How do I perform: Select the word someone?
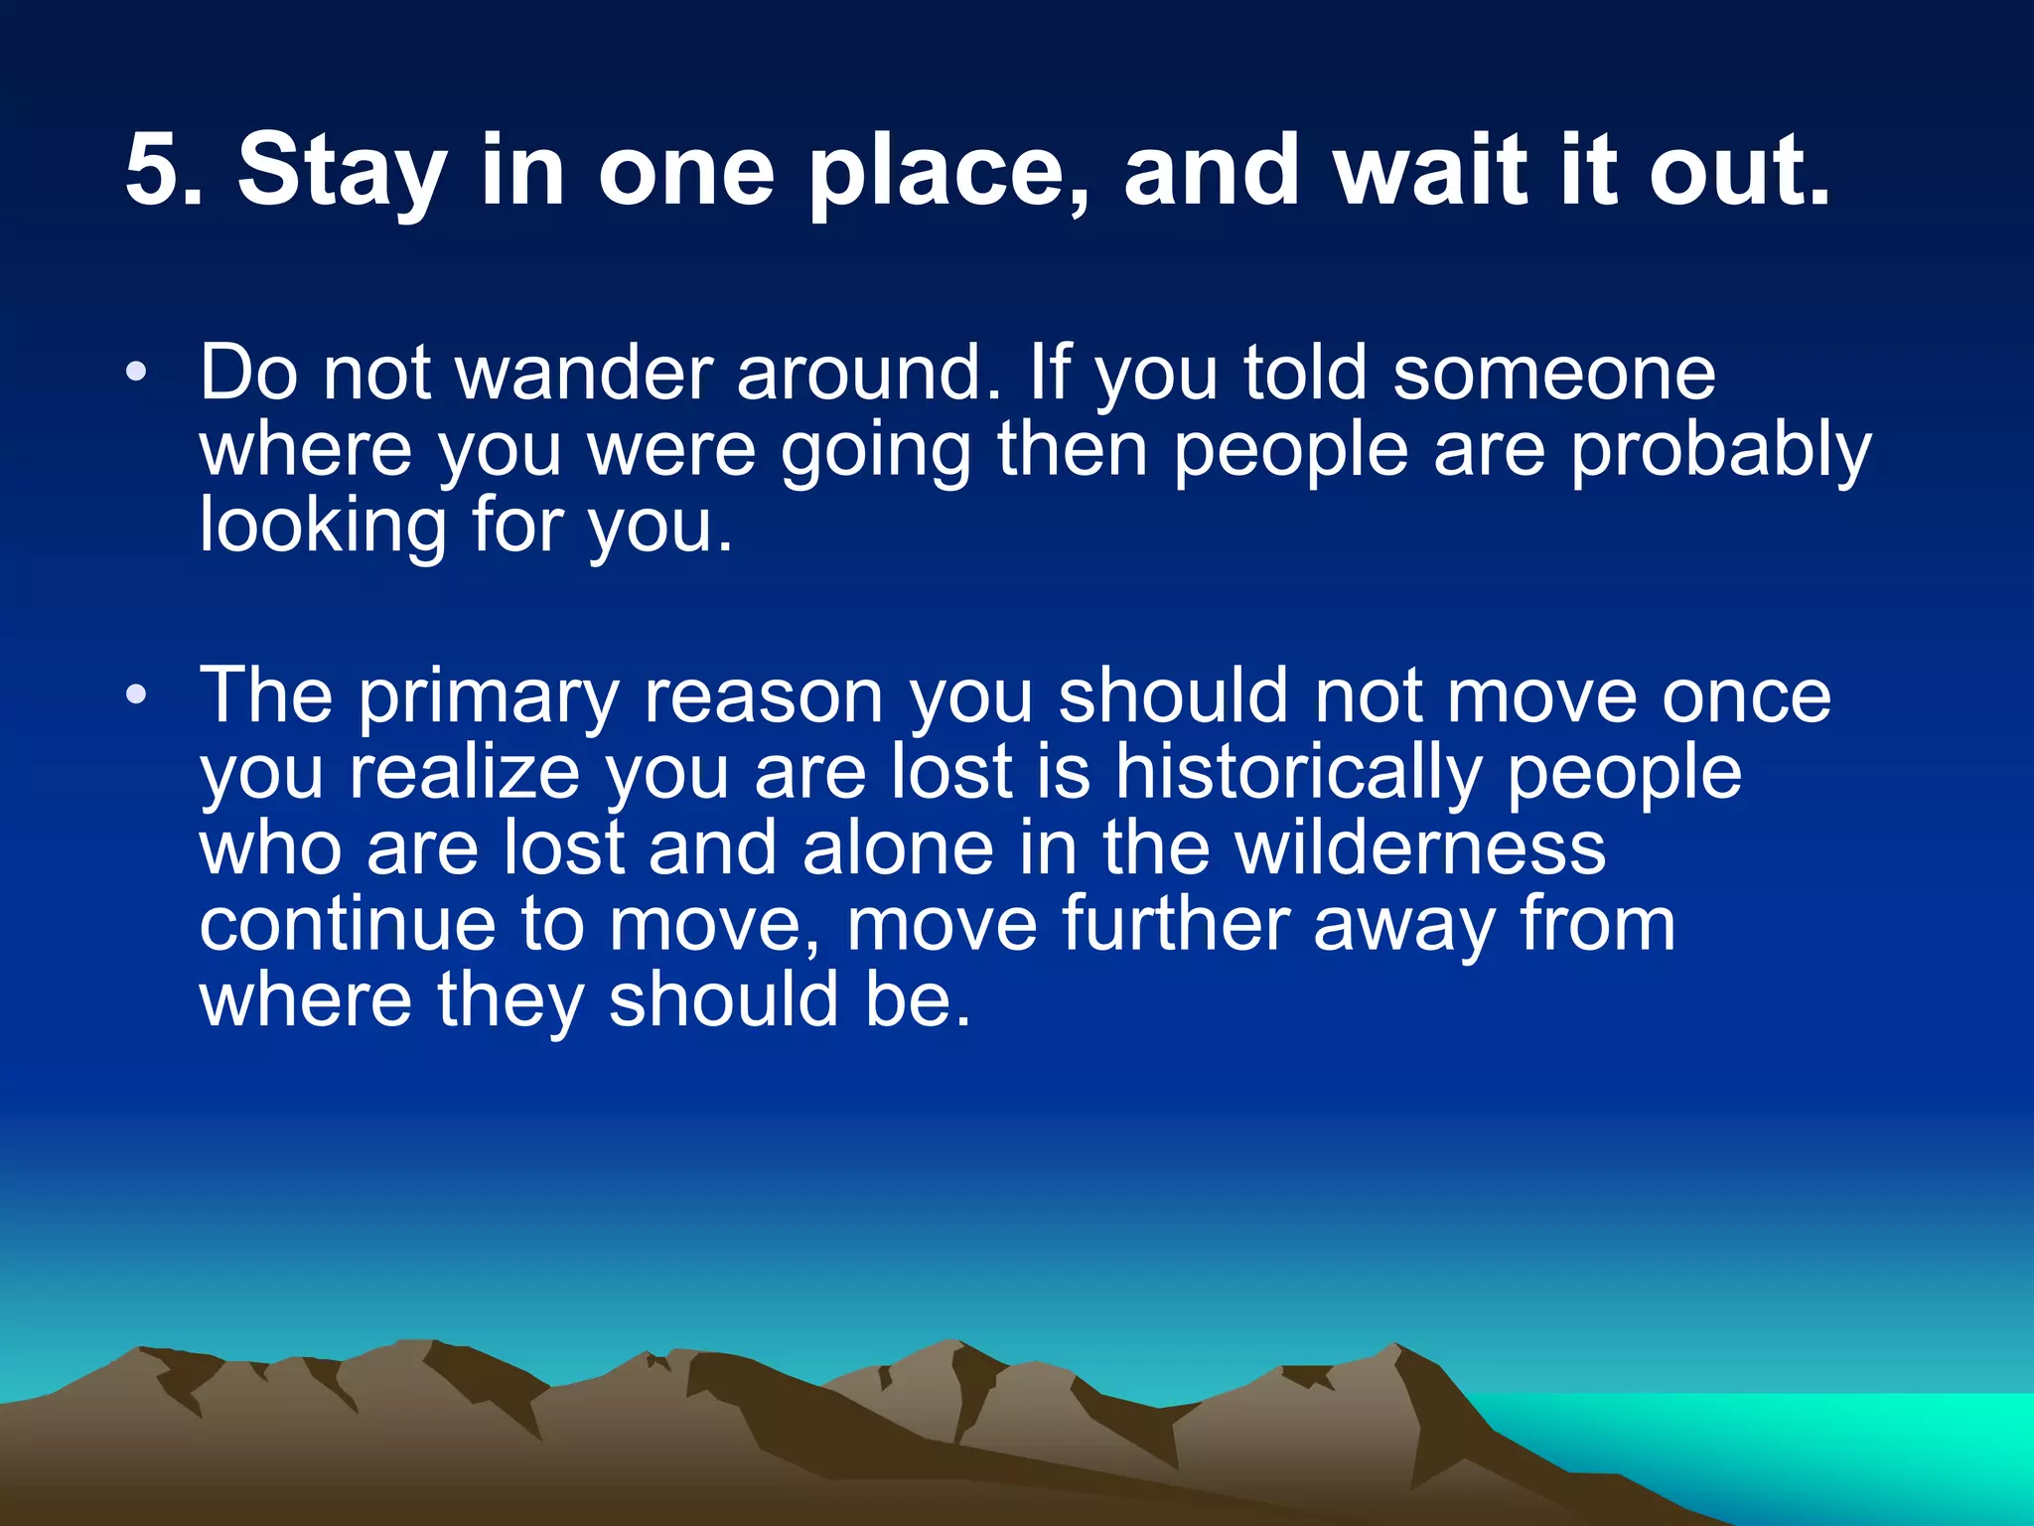[1553, 374]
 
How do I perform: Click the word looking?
[323, 527]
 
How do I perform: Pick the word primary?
[488, 697]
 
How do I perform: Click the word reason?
[764, 697]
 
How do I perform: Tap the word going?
[875, 452]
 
